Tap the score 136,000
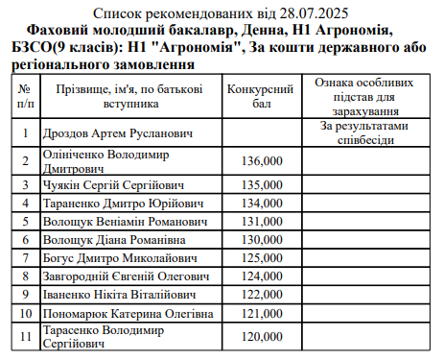(263, 160)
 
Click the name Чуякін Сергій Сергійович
(113, 184)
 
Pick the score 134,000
(263, 203)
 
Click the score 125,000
(263, 257)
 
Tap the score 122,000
(263, 294)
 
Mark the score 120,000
(263, 337)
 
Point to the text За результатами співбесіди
(364, 132)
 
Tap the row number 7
(25, 257)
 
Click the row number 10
(25, 313)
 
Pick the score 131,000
(263, 221)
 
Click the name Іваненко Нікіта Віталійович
(120, 294)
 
